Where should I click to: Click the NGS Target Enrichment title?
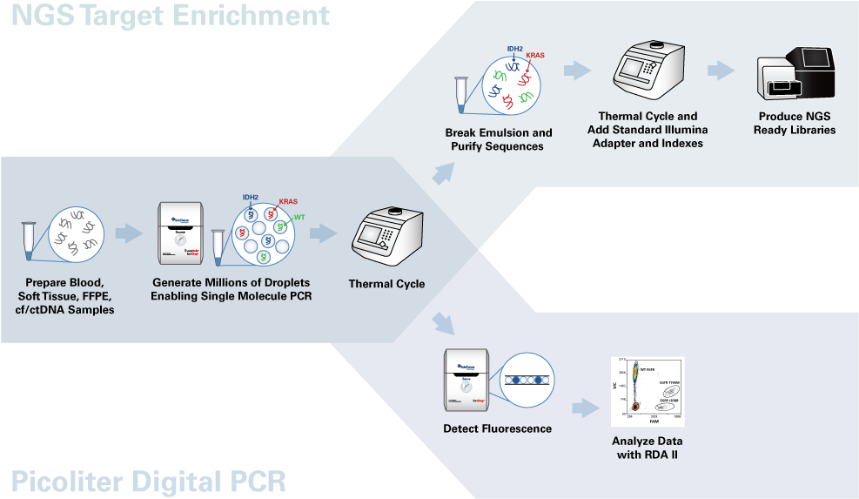tap(171, 16)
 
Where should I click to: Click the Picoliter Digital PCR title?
tap(149, 481)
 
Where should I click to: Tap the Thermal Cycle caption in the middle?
tap(386, 284)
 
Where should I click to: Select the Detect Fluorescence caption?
tap(497, 428)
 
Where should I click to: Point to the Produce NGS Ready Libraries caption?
tap(796, 123)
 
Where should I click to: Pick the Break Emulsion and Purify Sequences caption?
tap(498, 139)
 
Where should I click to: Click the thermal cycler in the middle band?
tap(386, 239)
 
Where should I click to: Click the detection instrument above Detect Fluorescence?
tap(469, 381)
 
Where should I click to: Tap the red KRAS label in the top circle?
tap(535, 56)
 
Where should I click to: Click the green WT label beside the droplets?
tap(298, 217)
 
